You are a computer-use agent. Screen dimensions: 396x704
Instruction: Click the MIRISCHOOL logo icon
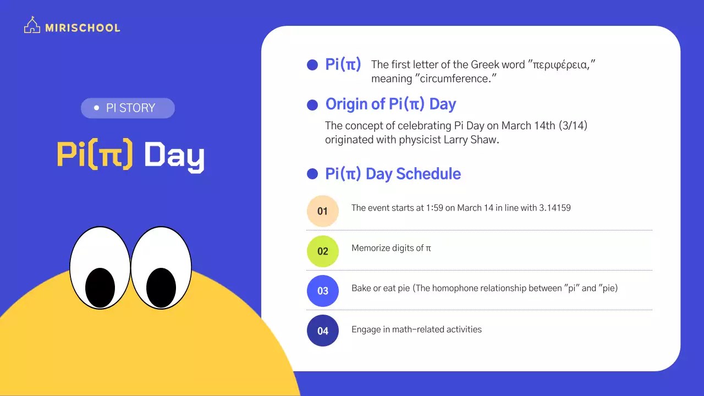point(32,25)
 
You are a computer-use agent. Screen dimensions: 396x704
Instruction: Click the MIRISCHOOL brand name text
point(82,28)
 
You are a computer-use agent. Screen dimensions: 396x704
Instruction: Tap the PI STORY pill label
point(128,108)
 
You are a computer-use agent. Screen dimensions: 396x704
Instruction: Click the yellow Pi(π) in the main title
point(95,156)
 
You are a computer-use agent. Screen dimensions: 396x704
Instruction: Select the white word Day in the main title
point(174,157)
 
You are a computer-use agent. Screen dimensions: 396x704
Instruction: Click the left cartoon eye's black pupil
point(100,288)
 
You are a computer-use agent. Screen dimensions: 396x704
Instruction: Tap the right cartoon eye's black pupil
point(161,288)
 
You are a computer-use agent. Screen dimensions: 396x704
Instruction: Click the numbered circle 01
point(323,211)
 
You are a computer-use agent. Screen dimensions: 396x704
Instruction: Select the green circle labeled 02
point(323,251)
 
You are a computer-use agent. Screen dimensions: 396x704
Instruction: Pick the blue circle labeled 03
point(323,291)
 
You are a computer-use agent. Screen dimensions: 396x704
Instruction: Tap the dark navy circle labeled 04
point(323,331)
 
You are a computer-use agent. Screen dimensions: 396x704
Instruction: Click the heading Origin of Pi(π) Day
point(391,104)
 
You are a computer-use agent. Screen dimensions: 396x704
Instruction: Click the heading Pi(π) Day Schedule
point(393,174)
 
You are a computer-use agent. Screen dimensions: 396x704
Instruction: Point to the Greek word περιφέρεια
point(562,65)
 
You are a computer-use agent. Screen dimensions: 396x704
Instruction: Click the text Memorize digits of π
point(391,248)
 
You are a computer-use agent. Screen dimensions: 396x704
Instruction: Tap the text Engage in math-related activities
point(416,329)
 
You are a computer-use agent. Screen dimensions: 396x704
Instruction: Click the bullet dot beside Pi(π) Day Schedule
point(312,174)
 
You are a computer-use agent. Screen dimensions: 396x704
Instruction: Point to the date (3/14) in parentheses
point(573,126)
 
